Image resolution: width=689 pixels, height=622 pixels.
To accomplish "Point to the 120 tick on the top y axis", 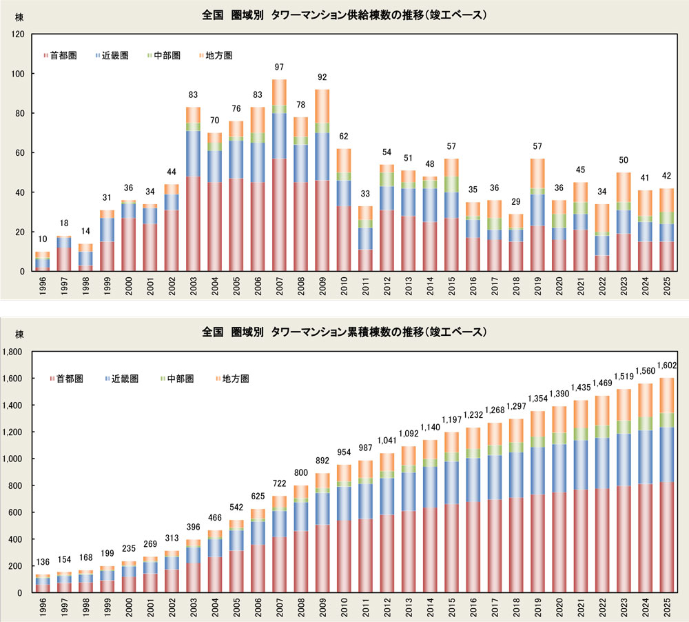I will point(18,34).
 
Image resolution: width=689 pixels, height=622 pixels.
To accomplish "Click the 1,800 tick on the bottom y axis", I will point(14,352).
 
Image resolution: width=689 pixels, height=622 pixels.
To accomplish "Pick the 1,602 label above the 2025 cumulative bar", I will point(667,366).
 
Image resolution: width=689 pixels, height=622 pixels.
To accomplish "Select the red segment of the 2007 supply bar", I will point(279,214).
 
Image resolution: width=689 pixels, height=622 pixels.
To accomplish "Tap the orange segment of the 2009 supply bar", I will point(322,106).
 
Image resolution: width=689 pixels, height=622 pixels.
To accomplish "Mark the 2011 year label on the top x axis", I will point(365,285).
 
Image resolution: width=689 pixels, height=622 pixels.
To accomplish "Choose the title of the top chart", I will point(344,14).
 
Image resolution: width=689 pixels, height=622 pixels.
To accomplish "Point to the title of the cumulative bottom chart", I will point(344,332).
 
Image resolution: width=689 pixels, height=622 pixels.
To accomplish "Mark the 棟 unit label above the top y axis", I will point(9,16).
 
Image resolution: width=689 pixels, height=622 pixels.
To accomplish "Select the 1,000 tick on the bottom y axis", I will point(14,459).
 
